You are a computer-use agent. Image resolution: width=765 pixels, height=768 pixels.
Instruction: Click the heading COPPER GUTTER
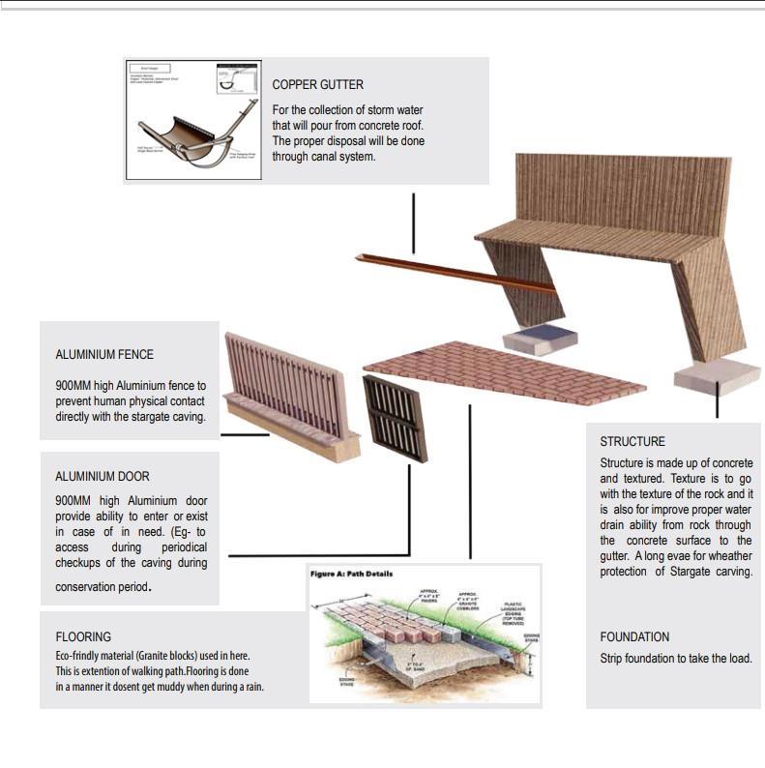[317, 85]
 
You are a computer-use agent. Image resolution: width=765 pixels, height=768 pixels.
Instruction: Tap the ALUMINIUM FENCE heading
[104, 355]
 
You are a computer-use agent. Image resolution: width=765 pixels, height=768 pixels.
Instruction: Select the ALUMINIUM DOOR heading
[103, 477]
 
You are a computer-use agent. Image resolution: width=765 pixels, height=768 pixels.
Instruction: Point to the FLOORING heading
[83, 637]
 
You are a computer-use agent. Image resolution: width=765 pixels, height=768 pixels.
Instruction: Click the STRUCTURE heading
[633, 442]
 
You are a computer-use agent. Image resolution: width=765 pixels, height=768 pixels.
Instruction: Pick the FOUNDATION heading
[634, 637]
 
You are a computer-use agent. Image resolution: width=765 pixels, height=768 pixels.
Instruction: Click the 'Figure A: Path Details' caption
[351, 574]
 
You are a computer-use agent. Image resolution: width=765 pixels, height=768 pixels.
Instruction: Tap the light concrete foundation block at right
[717, 375]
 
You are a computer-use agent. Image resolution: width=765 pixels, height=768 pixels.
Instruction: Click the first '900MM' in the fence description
[73, 386]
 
